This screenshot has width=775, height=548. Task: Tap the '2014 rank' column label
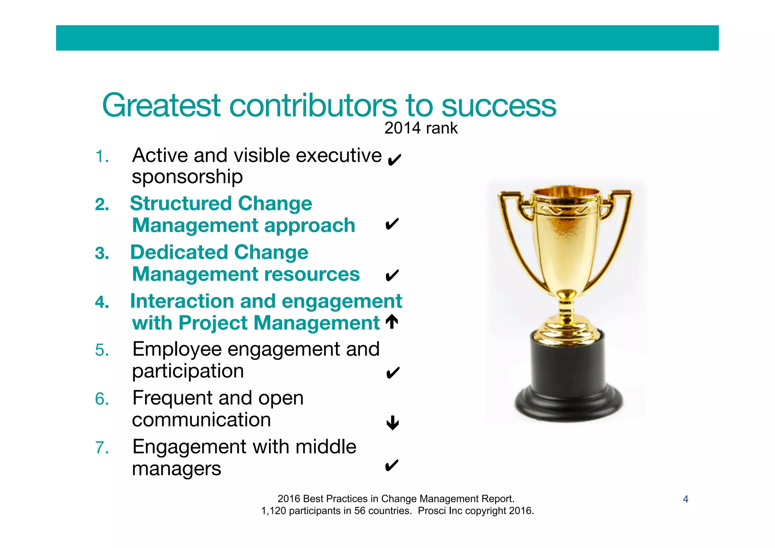pos(421,128)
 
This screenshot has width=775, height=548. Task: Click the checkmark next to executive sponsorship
pos(394,160)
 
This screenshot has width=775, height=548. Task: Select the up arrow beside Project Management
pos(392,322)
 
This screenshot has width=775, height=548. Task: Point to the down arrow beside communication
pos(392,423)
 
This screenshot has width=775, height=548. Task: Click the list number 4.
pos(102,302)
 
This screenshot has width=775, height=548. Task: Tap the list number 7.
pos(102,448)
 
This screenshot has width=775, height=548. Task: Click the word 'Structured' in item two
pos(180,204)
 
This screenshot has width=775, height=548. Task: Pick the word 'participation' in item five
pos(188,372)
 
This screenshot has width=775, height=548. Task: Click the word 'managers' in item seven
pos(176,469)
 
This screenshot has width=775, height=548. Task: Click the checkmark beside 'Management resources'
pos(392,275)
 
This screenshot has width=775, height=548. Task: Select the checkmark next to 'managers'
pos(391,465)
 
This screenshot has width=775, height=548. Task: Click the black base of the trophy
pos(568,379)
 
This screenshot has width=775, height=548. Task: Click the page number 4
pos(685,499)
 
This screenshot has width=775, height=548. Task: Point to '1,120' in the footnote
pos(273,511)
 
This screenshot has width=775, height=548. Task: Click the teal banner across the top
pos(387,38)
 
